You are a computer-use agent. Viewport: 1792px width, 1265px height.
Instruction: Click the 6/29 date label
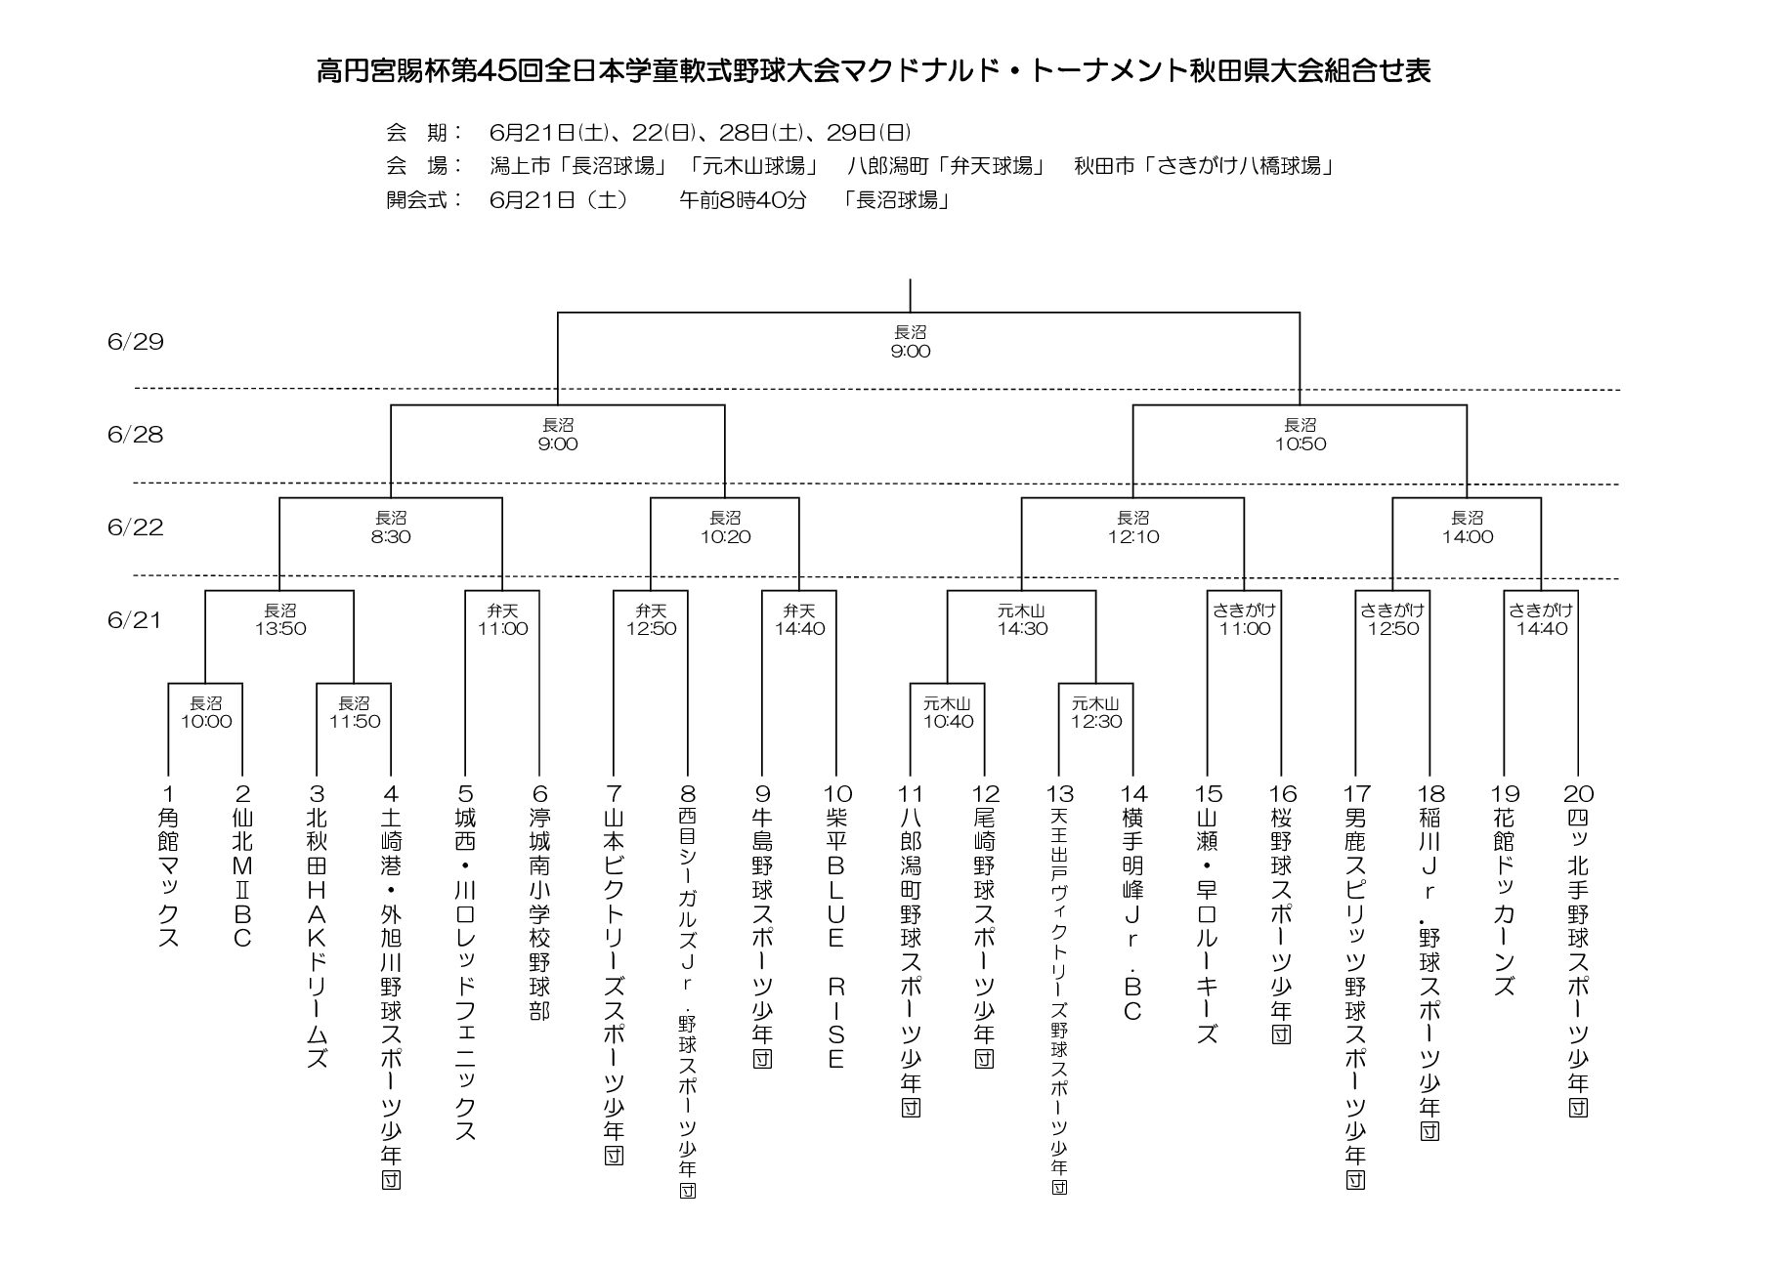[136, 342]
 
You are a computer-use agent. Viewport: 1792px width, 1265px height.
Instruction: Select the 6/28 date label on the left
[136, 435]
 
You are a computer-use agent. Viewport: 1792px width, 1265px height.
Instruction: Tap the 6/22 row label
[136, 527]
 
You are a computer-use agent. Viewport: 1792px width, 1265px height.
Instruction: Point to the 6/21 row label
[136, 620]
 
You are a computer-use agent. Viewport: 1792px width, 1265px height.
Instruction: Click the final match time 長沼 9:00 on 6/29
[911, 342]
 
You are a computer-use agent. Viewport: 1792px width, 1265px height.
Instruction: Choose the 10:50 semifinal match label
[1301, 435]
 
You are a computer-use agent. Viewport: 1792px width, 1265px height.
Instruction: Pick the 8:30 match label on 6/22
[391, 527]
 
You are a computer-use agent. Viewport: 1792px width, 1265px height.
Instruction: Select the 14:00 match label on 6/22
[1468, 527]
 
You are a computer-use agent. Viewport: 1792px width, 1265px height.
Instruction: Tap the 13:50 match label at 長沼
[280, 620]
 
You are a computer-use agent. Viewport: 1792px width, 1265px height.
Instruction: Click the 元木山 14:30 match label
[1023, 620]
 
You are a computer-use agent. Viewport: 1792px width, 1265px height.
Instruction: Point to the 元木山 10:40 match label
[948, 713]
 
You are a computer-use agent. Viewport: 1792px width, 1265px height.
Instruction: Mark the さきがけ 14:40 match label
[1542, 620]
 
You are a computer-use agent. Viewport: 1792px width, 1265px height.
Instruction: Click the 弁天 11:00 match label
[503, 620]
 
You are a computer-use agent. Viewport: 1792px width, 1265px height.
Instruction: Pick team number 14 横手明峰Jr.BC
[1133, 903]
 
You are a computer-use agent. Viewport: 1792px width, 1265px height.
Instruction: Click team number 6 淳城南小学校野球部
[540, 903]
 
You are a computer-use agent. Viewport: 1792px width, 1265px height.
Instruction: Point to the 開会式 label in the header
[424, 200]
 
